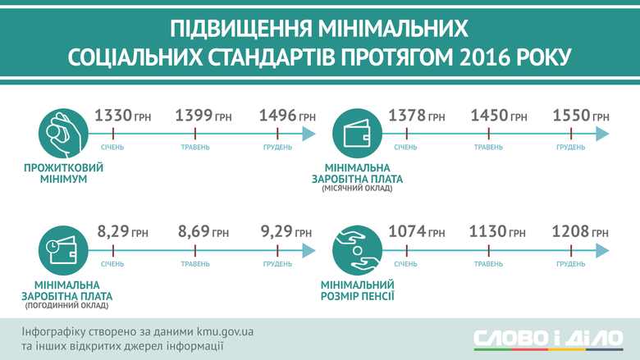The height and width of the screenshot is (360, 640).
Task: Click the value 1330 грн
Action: pyautogui.click(x=122, y=116)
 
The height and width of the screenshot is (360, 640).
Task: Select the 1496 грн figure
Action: pyautogui.click(x=287, y=116)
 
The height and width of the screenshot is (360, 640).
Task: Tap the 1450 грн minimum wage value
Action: pyautogui.click(x=499, y=116)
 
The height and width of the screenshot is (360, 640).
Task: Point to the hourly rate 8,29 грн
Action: pyautogui.click(x=122, y=232)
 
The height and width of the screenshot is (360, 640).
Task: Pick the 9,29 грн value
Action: pyautogui.click(x=286, y=232)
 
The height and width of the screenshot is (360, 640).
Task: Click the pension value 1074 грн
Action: pyautogui.click(x=416, y=232)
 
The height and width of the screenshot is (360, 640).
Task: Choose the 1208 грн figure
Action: pyautogui.click(x=580, y=232)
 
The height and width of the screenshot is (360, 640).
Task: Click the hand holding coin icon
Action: pyautogui.click(x=63, y=134)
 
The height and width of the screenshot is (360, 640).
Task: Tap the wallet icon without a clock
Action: pyautogui.click(x=357, y=134)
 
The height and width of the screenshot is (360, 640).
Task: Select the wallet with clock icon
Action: pyautogui.click(x=63, y=250)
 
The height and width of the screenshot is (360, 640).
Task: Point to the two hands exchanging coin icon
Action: pyautogui.click(x=357, y=250)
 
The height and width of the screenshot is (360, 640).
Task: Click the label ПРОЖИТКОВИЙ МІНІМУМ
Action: pyautogui.click(x=64, y=173)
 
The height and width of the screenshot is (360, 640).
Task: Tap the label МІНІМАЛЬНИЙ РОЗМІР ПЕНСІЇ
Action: pyautogui.click(x=357, y=290)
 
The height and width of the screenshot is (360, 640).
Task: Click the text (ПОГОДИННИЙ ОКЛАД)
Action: pyautogui.click(x=67, y=305)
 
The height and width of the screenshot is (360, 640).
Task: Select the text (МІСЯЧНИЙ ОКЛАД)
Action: pyautogui.click(x=357, y=189)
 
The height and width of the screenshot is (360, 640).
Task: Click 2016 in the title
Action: pyautogui.click(x=484, y=57)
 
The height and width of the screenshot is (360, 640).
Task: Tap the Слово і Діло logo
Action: pyautogui.click(x=548, y=339)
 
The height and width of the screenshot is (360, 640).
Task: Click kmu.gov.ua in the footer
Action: pyautogui.click(x=225, y=331)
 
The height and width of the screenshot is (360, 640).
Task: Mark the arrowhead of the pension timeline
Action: pyautogui.click(x=602, y=250)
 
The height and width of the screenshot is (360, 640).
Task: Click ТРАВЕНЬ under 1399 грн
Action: pyautogui.click(x=195, y=147)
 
